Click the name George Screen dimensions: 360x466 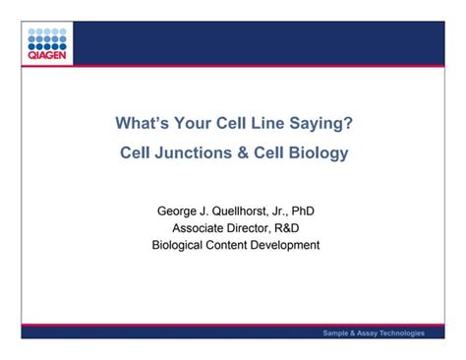[179, 211]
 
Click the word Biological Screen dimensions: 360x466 [180, 245]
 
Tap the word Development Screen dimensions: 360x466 [293, 245]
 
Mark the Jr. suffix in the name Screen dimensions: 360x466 [292, 211]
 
